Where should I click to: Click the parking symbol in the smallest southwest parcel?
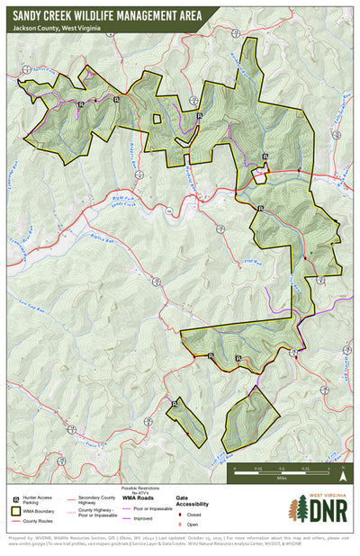pyautogui.click(x=174, y=405)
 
